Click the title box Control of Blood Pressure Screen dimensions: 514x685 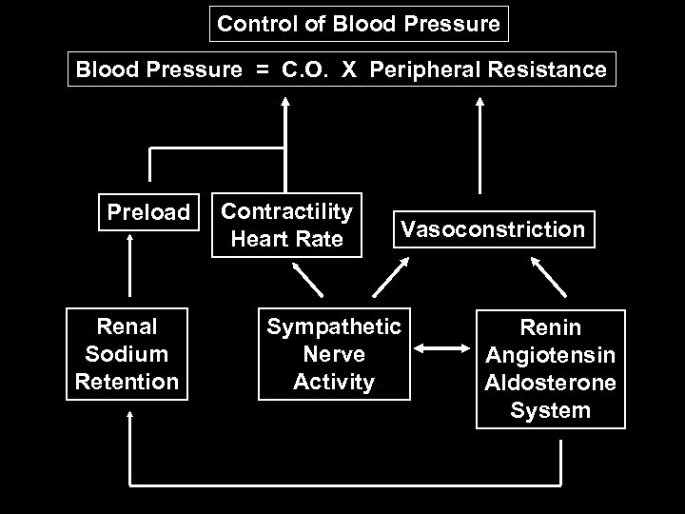tap(359, 24)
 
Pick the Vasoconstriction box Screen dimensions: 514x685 tap(492, 229)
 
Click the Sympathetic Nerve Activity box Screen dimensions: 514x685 tap(335, 354)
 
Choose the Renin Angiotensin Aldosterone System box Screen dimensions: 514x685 tap(550, 369)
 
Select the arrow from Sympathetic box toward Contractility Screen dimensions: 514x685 tap(307, 279)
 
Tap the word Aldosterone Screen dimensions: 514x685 tap(550, 384)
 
